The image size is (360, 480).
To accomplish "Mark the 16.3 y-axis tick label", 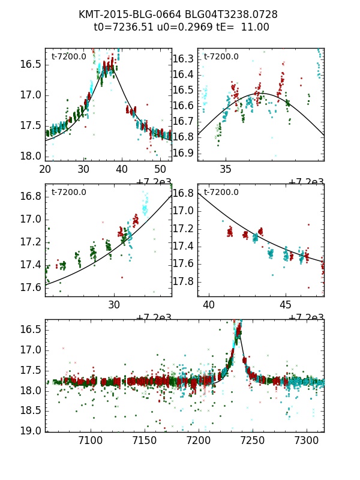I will (182, 59).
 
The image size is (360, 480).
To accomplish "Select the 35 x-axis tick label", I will (226, 169).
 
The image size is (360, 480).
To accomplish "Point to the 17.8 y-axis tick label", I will (182, 281).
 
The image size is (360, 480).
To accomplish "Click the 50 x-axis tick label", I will (161, 169).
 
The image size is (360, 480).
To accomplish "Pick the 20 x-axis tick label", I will (45, 169).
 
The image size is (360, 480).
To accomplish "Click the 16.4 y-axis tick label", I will (182, 74).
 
